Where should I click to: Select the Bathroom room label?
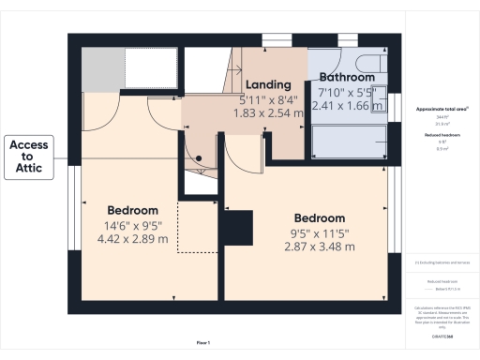[349, 77]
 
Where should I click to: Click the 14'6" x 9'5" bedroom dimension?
[132, 225]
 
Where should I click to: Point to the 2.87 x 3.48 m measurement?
[320, 247]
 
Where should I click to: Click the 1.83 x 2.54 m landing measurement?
[269, 112]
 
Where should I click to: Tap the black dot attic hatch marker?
[199, 157]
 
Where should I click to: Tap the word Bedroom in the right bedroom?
[320, 218]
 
